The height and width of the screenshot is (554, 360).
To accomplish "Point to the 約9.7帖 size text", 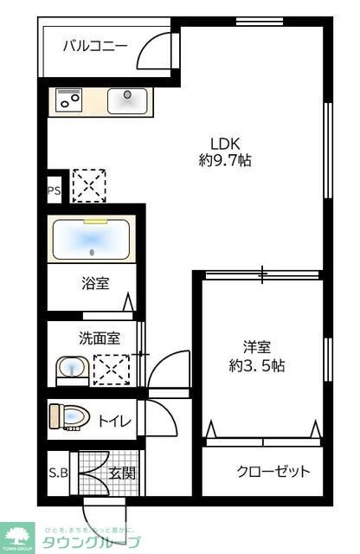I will coord(224,160).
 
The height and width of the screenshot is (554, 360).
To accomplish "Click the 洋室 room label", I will coord(257,347).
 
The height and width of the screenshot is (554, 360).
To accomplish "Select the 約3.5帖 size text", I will coord(257,365).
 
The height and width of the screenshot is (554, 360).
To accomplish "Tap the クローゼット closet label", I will coord(273,472).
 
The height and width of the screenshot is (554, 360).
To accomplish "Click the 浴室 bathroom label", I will coord(95,282).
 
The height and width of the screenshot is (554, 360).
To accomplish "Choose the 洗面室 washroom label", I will coord(100,338).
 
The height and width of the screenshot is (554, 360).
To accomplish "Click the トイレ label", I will coord(114,422).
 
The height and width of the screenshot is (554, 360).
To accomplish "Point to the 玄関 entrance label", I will coord(120,473).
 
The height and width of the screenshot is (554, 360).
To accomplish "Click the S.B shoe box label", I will coord(58,473).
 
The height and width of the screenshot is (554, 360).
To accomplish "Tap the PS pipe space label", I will coord(54,191).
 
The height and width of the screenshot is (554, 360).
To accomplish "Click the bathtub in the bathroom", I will coord(91,239).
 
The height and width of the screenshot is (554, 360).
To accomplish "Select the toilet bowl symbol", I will coord(69,418).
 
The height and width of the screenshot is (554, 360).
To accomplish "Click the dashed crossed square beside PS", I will coord(87,184).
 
